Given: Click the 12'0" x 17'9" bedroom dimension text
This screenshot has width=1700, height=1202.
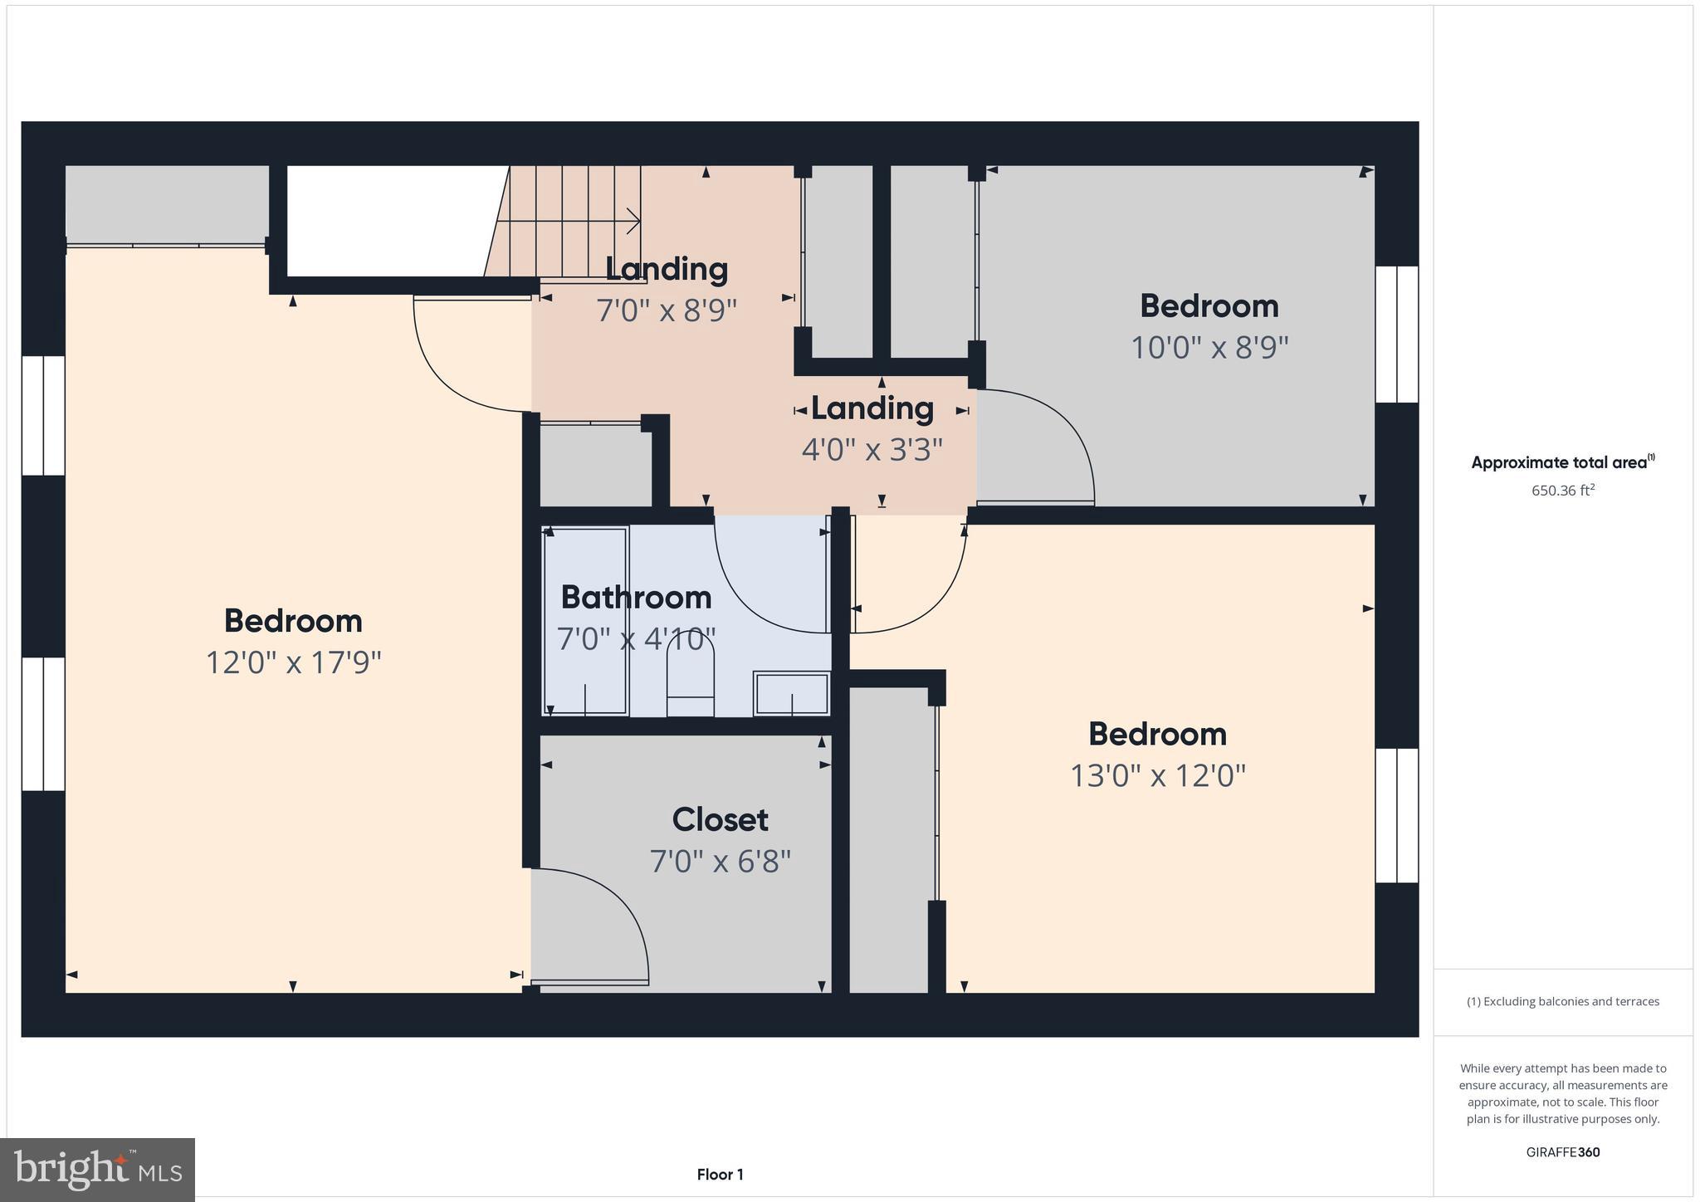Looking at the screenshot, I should [293, 662].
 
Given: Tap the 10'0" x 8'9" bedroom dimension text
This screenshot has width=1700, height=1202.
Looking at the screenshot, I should [1209, 347].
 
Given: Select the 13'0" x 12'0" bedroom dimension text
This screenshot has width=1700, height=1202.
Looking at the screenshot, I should [1157, 775].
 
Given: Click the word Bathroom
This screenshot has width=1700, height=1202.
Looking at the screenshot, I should [636, 597].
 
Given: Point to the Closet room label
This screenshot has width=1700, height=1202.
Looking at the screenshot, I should [720, 819].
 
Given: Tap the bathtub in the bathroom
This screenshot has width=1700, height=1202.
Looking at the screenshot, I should [585, 621].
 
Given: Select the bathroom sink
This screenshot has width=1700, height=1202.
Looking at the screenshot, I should [791, 693].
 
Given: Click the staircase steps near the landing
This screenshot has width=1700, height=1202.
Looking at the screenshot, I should [573, 220].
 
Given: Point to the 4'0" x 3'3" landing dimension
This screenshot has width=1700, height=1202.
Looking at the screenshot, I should [872, 450].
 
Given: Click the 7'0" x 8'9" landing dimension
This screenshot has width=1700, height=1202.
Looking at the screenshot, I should [667, 310].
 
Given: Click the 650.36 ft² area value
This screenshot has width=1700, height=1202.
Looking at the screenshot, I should [1563, 490].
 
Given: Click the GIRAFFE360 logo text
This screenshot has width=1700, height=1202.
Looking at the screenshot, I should [1563, 1152].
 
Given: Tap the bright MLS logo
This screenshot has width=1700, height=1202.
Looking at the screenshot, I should [97, 1170].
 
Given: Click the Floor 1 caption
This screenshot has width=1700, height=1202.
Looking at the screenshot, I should [720, 1175].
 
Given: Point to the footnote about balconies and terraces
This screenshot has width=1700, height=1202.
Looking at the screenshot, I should [1563, 1001].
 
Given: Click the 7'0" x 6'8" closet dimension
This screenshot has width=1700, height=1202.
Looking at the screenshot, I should [720, 861].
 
